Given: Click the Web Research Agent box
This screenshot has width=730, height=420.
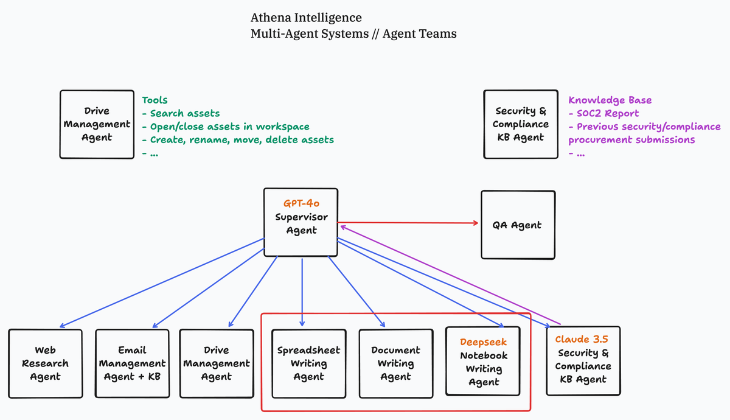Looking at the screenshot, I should tap(45, 363).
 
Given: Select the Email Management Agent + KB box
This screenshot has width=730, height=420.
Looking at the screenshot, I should tap(132, 363).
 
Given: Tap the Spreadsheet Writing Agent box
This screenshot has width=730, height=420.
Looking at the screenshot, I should tap(308, 363).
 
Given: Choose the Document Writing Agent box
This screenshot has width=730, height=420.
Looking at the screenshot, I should tap(395, 363).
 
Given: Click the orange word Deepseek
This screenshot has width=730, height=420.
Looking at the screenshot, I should tap(483, 342).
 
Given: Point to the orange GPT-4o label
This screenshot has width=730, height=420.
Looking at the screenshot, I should tap(301, 204).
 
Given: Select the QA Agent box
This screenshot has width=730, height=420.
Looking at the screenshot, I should tap(517, 225).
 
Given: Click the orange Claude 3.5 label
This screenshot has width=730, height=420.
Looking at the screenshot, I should tap(582, 339).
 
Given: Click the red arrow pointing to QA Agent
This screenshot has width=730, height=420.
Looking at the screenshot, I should tap(408, 223).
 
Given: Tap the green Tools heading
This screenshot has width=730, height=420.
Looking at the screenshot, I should tap(155, 100).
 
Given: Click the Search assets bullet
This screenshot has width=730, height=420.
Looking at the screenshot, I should tap(184, 113).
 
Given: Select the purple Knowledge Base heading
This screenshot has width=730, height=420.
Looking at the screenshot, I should tap(610, 100).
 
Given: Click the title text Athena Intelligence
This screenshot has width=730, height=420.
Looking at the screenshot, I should tap(305, 18).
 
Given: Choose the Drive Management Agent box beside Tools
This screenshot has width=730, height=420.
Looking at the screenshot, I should tap(97, 124).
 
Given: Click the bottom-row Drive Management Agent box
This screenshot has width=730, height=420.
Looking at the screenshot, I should tap(216, 363).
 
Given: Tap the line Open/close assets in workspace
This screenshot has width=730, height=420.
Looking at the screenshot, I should tap(229, 127).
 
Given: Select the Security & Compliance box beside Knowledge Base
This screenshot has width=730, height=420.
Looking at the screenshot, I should tap(521, 124).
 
